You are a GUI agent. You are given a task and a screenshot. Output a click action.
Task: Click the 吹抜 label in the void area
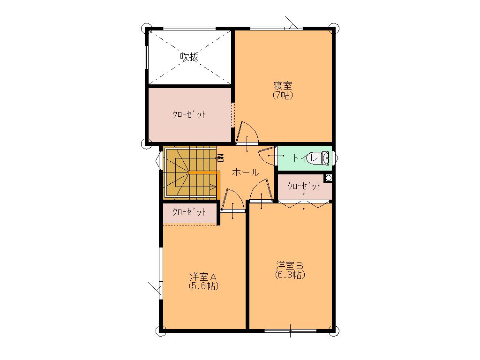click(x=189, y=57)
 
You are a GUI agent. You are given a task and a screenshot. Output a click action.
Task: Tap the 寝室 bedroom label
click(x=283, y=85)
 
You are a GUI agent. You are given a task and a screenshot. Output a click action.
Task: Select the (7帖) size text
click(x=283, y=95)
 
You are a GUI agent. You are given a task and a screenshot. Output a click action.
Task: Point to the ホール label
click(x=246, y=172)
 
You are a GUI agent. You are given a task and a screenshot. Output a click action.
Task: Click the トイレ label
click(x=305, y=158)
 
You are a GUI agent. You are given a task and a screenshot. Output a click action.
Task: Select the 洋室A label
click(x=203, y=277)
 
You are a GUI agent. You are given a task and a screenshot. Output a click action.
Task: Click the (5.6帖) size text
click(x=203, y=286)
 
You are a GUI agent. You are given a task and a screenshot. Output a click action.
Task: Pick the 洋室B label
click(x=290, y=265)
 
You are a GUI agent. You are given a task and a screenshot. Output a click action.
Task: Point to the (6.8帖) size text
click(x=290, y=275)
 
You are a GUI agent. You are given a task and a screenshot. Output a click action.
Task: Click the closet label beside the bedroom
click(x=189, y=114)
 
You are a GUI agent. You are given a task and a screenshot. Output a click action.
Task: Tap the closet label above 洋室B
click(x=304, y=186)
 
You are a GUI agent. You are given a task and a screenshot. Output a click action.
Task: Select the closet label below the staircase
click(x=189, y=212)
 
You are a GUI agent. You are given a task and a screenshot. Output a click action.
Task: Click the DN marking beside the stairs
click(x=221, y=158)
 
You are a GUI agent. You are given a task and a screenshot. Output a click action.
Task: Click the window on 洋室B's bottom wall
click(x=290, y=330)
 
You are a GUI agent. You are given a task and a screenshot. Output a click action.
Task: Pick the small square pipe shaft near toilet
click(x=329, y=178)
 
